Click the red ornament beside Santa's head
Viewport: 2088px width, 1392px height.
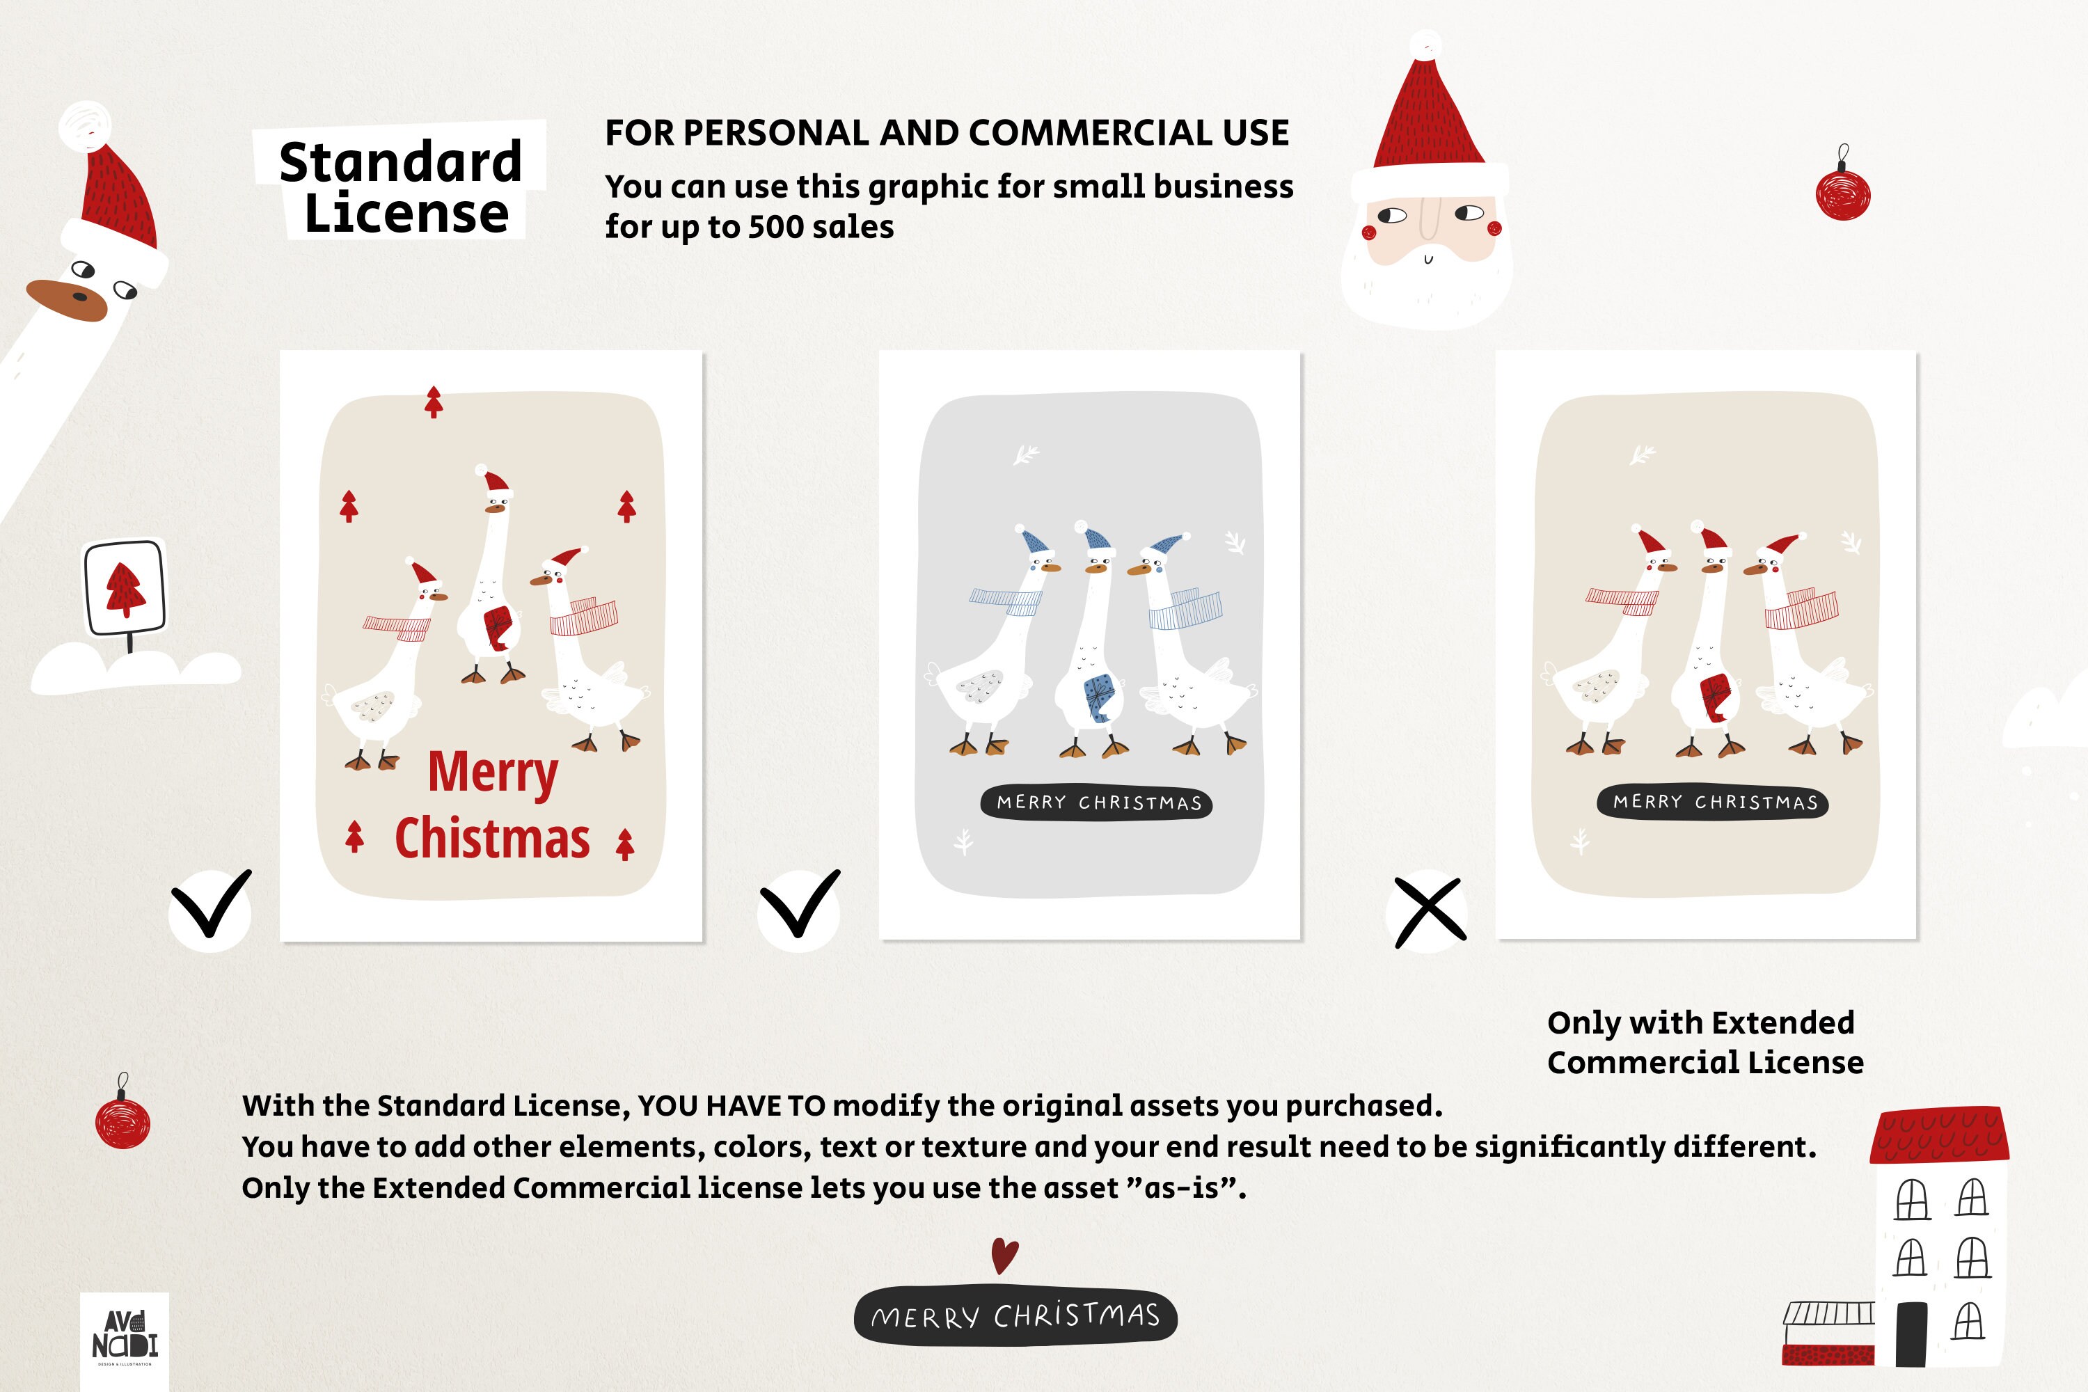point(1843,194)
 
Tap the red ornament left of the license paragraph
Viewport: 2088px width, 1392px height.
point(122,1122)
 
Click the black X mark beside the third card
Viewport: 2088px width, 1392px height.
point(1430,912)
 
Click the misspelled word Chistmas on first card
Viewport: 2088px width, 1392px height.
point(492,839)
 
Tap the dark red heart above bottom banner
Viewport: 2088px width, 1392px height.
point(1004,1256)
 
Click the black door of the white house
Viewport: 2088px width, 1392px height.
point(1911,1334)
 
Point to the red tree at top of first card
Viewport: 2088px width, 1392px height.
point(433,402)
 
